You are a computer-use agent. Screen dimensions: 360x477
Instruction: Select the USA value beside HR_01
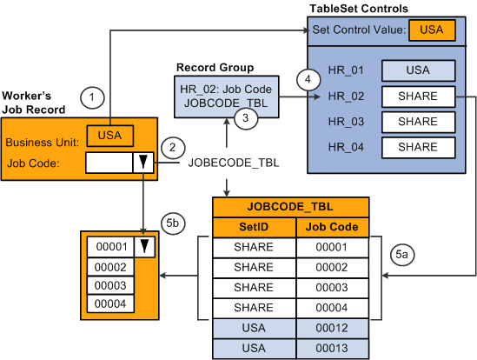click(419, 70)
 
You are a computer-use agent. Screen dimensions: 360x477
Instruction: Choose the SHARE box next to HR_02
click(419, 96)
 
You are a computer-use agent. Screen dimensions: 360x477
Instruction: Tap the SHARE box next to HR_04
click(419, 146)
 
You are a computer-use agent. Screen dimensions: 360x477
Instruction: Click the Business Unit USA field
click(109, 136)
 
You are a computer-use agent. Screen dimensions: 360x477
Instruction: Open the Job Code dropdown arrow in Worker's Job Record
click(140, 162)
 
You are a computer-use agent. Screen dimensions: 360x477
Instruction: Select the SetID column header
click(255, 228)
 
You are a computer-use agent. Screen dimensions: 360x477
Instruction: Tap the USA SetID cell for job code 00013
click(255, 348)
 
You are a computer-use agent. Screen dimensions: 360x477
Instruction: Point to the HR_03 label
click(345, 121)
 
